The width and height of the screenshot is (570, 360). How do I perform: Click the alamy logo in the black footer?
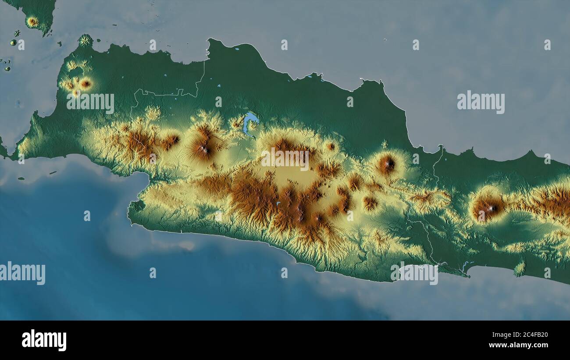44,340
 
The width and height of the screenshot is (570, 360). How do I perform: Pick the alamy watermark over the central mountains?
285,159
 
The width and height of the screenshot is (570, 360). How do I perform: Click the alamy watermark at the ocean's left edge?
22,273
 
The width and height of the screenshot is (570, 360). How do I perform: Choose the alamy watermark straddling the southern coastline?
414,273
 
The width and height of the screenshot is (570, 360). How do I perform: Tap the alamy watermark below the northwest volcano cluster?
90,102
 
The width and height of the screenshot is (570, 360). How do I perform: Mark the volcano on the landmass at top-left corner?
32,21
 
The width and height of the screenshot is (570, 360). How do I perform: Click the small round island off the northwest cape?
85,40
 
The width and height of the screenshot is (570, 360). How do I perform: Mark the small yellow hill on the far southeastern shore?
520,268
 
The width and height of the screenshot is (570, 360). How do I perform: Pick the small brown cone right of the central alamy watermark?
331,146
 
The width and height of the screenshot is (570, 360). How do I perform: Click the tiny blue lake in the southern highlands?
278,203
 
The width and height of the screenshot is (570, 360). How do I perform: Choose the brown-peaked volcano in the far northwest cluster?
85,83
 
